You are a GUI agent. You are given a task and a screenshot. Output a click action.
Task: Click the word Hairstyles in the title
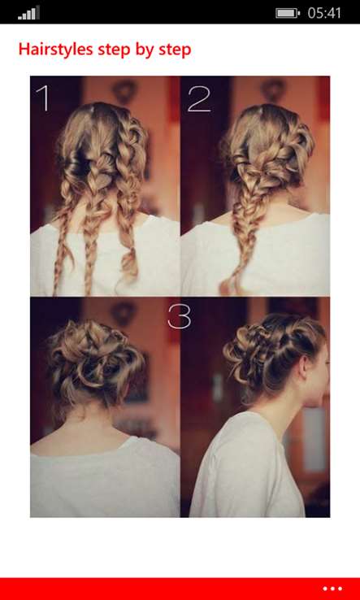click(x=56, y=50)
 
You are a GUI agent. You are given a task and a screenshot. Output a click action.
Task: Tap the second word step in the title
click(x=175, y=50)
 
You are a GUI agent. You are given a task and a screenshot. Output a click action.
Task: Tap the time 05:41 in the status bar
click(x=324, y=13)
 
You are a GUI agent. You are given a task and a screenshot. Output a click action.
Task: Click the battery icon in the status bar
click(x=288, y=13)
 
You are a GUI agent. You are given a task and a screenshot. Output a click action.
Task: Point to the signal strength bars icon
click(x=28, y=13)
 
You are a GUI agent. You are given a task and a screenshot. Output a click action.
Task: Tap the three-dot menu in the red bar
click(x=332, y=589)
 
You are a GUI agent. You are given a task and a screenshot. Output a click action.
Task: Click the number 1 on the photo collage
click(x=44, y=98)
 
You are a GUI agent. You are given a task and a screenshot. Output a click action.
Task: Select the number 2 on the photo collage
click(x=199, y=98)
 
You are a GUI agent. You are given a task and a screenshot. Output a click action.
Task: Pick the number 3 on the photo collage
click(x=179, y=315)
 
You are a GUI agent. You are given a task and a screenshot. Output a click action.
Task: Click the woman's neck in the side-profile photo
click(x=294, y=406)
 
